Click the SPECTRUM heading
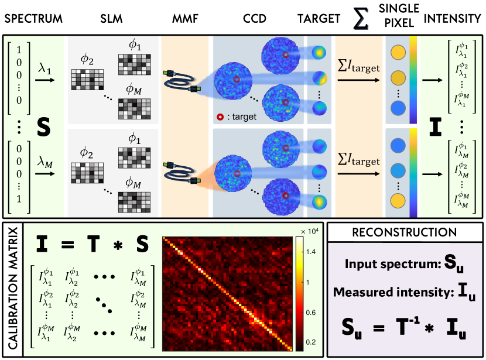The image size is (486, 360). (33, 19)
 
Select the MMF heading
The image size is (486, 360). (184, 19)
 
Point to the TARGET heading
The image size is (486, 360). (319, 19)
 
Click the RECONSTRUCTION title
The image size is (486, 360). (405, 233)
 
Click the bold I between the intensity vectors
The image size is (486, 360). (435, 125)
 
